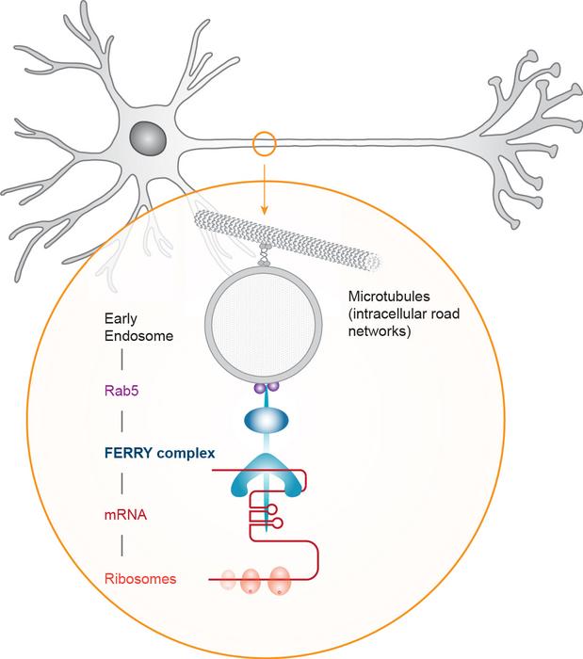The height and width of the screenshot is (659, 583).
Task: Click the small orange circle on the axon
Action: click(265, 144)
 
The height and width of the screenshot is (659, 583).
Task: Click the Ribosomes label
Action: click(140, 579)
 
